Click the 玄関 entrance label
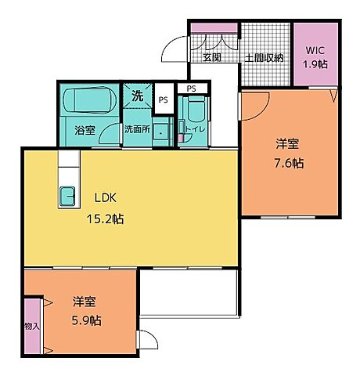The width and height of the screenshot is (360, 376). point(212,57)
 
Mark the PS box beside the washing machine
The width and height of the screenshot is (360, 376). point(163,100)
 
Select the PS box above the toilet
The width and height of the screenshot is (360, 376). point(191,88)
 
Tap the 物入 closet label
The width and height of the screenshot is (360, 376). point(31,326)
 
